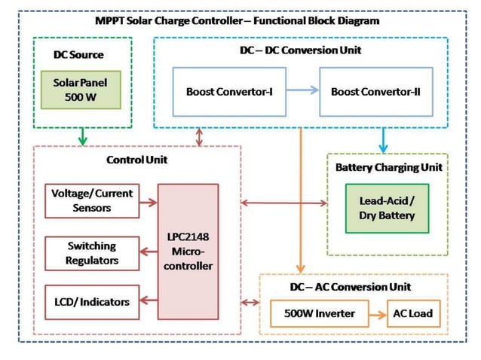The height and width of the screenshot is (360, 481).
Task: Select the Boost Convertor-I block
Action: [228, 91]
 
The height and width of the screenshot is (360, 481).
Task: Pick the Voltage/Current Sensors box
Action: [92, 200]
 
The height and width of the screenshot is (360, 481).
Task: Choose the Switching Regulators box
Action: [92, 252]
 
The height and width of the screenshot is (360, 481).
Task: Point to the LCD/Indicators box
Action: [92, 302]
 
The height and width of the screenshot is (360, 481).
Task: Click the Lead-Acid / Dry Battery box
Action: [387, 208]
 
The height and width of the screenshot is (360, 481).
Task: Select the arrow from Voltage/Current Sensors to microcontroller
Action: [149, 201]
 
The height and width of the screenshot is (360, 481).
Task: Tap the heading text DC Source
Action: [78, 54]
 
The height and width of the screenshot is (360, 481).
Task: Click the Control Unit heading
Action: [136, 160]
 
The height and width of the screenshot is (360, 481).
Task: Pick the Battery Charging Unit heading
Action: [388, 167]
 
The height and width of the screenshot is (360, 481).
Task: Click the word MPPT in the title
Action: [111, 21]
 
